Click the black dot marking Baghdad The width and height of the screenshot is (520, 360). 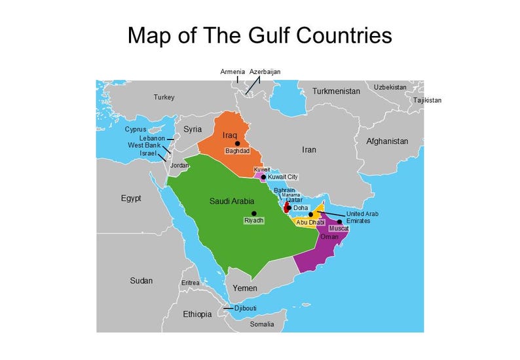238,143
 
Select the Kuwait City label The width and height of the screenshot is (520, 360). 283,177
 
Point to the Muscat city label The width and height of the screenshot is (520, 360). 339,228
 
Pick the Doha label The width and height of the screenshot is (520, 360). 301,208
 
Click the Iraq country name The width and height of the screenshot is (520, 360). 229,135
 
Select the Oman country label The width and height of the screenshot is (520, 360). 329,236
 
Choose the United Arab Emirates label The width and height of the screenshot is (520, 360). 362,217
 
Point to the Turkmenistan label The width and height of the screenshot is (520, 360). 336,92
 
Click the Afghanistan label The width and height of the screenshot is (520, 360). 387,141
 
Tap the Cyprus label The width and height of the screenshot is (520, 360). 136,130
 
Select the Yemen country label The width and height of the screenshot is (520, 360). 245,289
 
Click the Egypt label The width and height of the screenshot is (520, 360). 131,198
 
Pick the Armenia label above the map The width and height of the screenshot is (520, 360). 232,71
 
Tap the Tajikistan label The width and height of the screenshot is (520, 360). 427,101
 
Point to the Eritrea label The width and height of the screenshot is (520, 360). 190,283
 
